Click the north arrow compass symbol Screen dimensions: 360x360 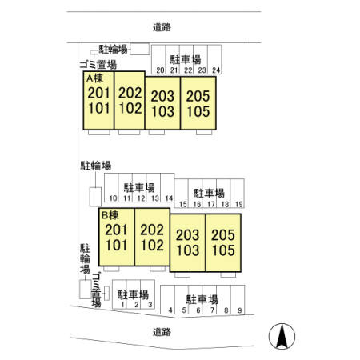click(x=282, y=336)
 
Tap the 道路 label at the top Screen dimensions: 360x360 click(x=162, y=27)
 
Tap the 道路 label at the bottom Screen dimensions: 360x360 click(x=162, y=332)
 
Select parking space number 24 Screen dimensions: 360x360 click(x=214, y=59)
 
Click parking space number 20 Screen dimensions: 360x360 click(x=158, y=59)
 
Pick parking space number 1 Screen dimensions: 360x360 click(x=119, y=294)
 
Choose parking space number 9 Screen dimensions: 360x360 click(x=238, y=300)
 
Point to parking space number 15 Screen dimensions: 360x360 click(x=182, y=194)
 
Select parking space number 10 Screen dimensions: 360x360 click(x=111, y=188)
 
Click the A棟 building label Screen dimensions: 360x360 click(x=95, y=78)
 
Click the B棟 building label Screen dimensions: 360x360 click(x=110, y=215)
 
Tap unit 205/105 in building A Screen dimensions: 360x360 click(x=198, y=103)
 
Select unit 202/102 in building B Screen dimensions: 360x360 click(x=152, y=237)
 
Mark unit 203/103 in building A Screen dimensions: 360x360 click(x=162, y=103)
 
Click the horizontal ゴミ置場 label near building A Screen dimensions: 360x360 click(x=98, y=65)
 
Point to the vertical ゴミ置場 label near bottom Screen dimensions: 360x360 click(x=96, y=290)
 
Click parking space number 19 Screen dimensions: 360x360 click(x=238, y=194)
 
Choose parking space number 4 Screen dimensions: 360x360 click(x=167, y=300)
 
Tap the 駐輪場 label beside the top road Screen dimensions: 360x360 click(x=113, y=50)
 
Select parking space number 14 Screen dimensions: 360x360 click(x=167, y=188)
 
